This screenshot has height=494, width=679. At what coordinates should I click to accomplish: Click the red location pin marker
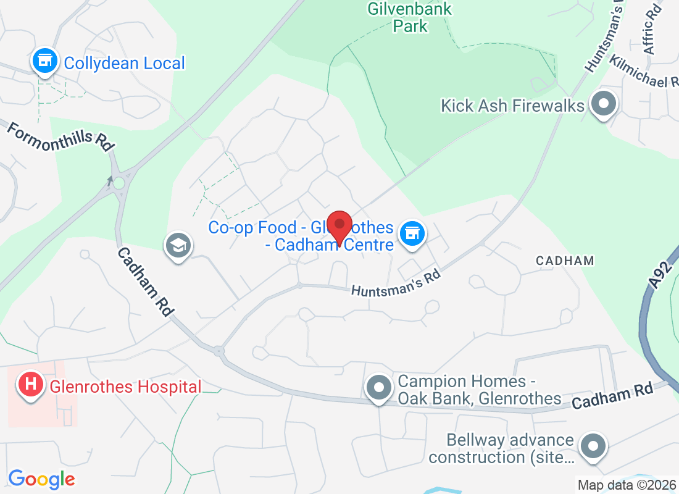(339, 226)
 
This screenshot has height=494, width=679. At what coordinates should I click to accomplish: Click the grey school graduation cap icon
(178, 246)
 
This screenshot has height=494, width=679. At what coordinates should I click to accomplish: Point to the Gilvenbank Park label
(410, 17)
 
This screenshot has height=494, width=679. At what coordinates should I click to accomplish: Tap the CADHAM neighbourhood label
(565, 261)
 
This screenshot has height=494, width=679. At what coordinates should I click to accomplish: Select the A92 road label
(660, 274)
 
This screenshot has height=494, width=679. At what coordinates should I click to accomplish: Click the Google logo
(41, 479)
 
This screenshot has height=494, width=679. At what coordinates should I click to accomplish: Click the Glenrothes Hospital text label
(126, 387)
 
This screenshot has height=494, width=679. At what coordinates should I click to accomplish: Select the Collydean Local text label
(124, 63)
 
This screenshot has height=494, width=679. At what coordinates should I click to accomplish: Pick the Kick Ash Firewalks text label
(512, 106)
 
